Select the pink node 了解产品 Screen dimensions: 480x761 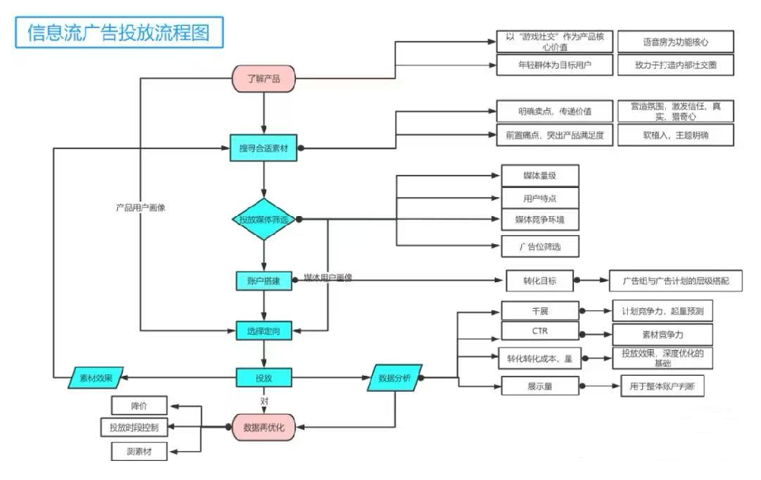tap(263, 78)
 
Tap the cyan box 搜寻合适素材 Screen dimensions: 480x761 tap(263, 148)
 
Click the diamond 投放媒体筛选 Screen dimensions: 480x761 tap(263, 219)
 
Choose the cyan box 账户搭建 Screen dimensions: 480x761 tap(263, 281)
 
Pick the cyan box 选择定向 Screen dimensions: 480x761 tap(263, 331)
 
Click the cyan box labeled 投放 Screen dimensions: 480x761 tap(263, 377)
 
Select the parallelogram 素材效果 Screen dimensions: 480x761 tap(96, 377)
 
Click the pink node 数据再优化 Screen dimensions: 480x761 tap(263, 428)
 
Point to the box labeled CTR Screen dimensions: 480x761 tap(540, 332)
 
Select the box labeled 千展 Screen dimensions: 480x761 tap(540, 310)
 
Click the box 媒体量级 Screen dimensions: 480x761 tap(540, 176)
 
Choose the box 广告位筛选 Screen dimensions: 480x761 tap(540, 246)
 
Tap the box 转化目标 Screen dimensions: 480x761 tap(539, 281)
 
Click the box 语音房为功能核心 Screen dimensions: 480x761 tap(675, 41)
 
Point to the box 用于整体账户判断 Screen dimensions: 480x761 tap(662, 386)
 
